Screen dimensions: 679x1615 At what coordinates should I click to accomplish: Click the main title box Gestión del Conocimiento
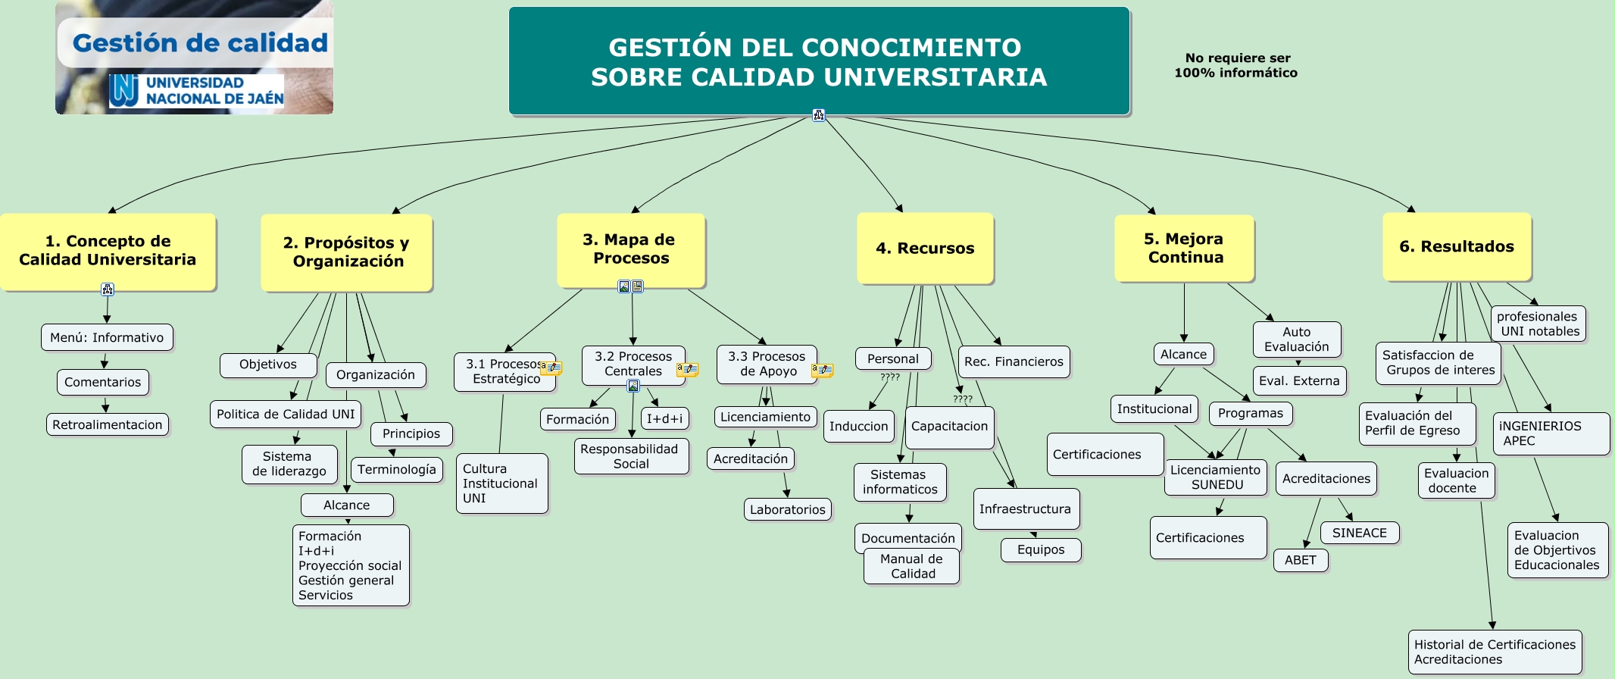[819, 61]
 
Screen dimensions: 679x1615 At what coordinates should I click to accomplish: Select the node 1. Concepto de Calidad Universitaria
[108, 251]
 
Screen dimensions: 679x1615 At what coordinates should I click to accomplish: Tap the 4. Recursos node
[925, 249]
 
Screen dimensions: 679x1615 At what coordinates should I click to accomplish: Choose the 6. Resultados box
[1457, 247]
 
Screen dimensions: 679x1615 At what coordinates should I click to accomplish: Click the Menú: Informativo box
[107, 338]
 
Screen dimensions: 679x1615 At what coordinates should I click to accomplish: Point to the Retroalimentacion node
[108, 425]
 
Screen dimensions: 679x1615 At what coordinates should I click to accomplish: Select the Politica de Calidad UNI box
[286, 415]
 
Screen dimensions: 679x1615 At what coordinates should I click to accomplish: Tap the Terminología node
[397, 470]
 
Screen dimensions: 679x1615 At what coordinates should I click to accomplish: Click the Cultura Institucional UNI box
[501, 483]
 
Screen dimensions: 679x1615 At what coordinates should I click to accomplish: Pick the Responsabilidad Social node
[630, 456]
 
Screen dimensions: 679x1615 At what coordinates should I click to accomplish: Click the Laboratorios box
[787, 510]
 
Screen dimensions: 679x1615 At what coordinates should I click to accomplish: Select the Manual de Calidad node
[911, 567]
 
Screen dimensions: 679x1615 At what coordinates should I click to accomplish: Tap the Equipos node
[1041, 550]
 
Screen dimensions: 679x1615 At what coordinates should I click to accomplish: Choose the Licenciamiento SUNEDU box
[1216, 477]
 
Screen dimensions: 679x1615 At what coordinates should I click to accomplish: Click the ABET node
[1301, 561]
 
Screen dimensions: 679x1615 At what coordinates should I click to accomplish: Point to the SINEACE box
[1360, 533]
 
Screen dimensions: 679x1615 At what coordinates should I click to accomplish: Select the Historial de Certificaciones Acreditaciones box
[1495, 652]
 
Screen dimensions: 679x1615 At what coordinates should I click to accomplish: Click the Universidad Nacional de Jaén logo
[197, 91]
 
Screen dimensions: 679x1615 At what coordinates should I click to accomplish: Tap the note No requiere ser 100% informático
[1236, 66]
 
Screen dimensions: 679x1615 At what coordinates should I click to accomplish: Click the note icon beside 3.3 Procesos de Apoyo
[822, 371]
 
